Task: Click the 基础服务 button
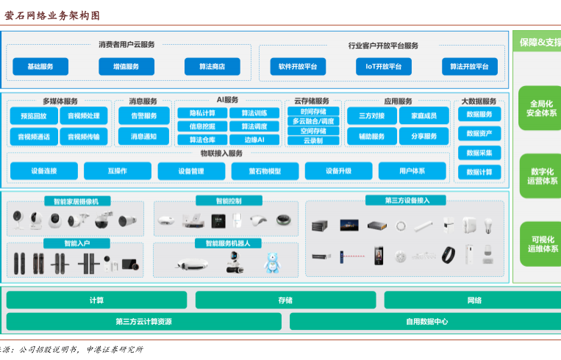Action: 40,67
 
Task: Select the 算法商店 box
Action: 212,67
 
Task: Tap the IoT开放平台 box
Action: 383,67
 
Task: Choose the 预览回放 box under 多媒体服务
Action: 34,116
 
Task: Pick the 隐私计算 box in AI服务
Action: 202,113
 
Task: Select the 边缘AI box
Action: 254,140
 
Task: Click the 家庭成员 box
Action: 424,116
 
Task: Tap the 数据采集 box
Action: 479,153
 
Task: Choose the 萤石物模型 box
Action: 265,171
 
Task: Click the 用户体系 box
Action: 412,171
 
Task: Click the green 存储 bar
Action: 285,300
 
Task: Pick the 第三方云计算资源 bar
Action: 143,321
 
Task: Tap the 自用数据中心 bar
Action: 426,321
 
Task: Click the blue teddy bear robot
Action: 274,262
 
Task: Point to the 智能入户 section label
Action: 66,242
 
